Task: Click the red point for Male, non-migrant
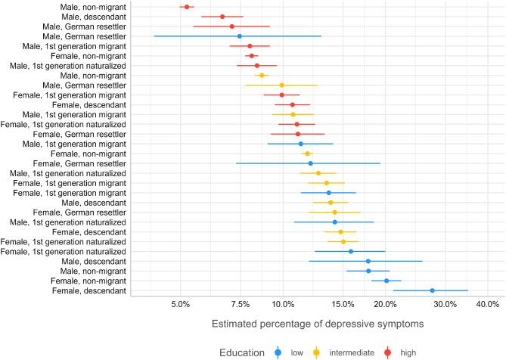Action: tap(187, 7)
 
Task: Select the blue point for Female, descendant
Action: tap(432, 290)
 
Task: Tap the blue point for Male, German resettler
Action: tap(240, 36)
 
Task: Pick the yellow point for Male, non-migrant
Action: tap(262, 76)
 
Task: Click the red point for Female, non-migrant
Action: tap(252, 56)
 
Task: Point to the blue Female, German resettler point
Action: tap(310, 163)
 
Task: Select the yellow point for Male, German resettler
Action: tap(282, 85)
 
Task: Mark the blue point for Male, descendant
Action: tap(368, 261)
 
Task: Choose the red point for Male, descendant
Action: tap(222, 17)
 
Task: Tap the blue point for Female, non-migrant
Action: tap(386, 281)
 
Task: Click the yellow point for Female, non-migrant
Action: tap(307, 154)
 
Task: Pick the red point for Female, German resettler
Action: tap(298, 134)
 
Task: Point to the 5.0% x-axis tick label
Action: tap(181, 304)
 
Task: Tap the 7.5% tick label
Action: tap(241, 304)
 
